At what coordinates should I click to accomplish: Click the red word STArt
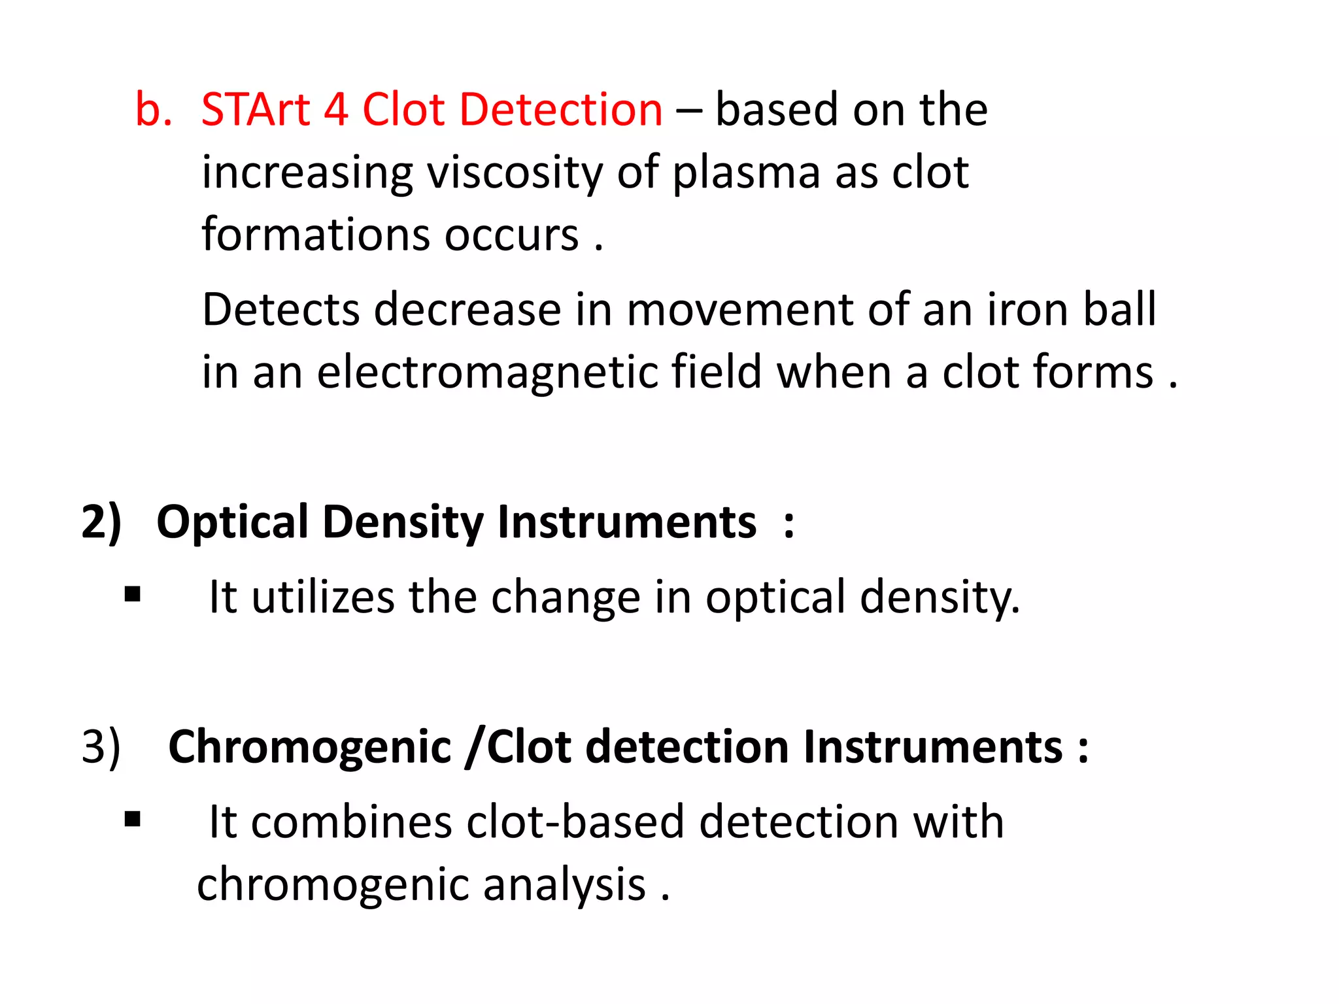pyautogui.click(x=255, y=109)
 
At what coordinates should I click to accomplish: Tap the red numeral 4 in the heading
pyautogui.click(x=335, y=109)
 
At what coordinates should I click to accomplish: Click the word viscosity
pyautogui.click(x=514, y=173)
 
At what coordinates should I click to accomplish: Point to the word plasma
pyautogui.click(x=746, y=173)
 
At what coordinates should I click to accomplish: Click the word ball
pyautogui.click(x=1119, y=309)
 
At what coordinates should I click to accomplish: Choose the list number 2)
pyautogui.click(x=101, y=522)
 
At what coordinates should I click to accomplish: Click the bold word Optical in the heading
pyautogui.click(x=232, y=522)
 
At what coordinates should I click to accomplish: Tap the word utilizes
pyautogui.click(x=323, y=597)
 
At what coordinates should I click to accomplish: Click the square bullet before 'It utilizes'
pyautogui.click(x=133, y=594)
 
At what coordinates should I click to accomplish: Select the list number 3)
pyautogui.click(x=101, y=746)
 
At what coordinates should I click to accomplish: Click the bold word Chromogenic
pyautogui.click(x=310, y=746)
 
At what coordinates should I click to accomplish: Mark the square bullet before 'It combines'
pyautogui.click(x=133, y=819)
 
